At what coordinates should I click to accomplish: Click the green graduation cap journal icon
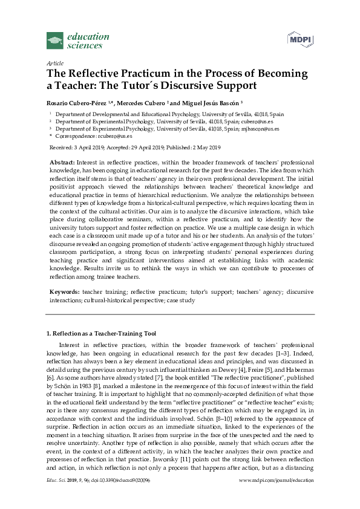pos(55,41)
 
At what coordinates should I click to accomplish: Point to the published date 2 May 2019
pos(205,148)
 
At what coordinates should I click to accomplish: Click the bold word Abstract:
pos(62,163)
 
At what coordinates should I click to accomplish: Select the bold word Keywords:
pos(64,291)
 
